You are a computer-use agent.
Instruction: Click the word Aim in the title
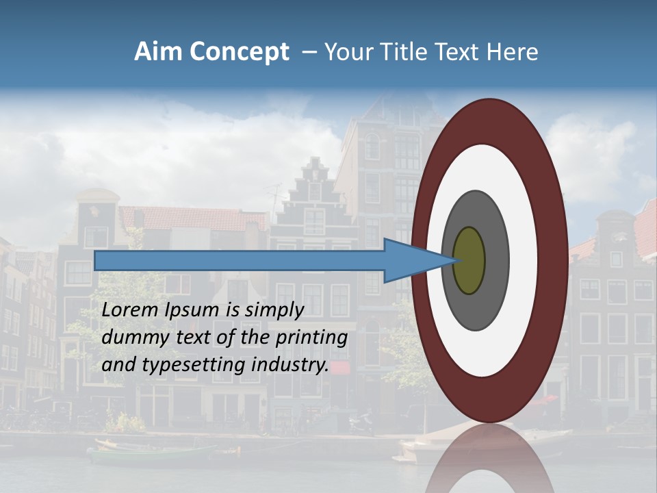pos(158,52)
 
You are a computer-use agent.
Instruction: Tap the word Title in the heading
pos(408,52)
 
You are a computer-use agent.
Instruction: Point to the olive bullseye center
pos(469,261)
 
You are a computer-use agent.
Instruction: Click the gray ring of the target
pos(496,261)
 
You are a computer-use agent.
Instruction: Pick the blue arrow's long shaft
pos(240,261)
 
